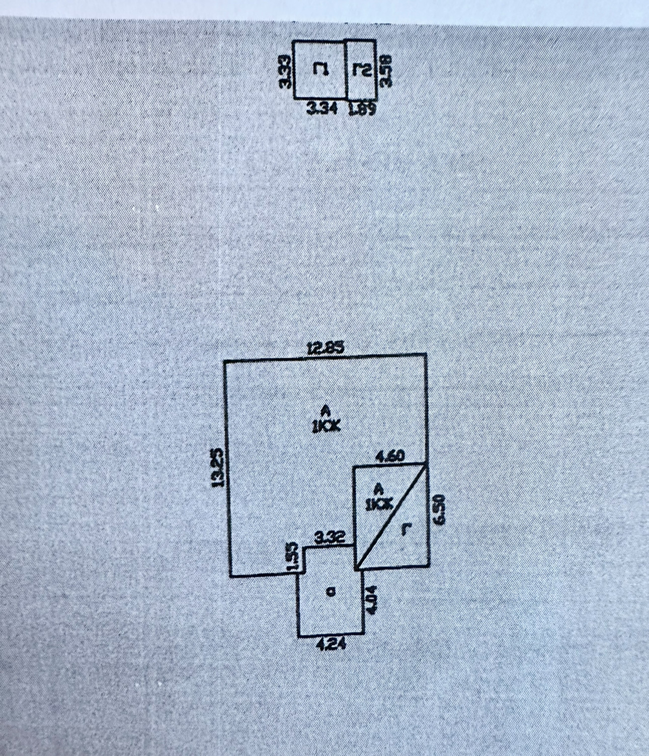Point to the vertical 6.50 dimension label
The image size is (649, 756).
click(x=439, y=509)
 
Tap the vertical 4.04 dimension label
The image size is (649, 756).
click(x=371, y=598)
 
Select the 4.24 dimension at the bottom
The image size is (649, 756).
click(x=331, y=644)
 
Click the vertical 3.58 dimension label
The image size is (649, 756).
click(x=386, y=70)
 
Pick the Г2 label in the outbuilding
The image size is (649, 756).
click(x=361, y=70)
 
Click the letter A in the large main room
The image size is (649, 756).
click(x=326, y=409)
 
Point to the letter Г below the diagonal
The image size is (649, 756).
click(x=404, y=530)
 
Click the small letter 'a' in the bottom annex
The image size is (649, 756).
click(x=330, y=592)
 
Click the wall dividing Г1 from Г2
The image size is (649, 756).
click(x=347, y=70)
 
